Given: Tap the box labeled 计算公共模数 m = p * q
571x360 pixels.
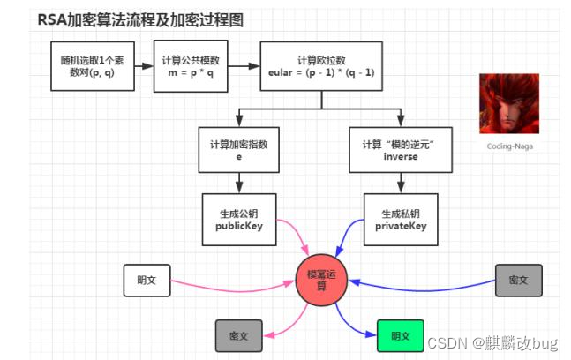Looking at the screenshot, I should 191,66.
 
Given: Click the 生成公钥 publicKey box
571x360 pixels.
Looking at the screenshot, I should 239,219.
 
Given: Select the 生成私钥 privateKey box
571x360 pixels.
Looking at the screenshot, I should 402,219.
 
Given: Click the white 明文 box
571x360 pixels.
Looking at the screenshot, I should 146,280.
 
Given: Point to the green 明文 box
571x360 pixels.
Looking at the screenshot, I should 400,335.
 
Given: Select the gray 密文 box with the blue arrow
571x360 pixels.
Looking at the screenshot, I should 518,280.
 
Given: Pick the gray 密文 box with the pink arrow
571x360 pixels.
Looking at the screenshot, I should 239,336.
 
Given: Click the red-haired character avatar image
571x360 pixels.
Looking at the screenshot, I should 508,102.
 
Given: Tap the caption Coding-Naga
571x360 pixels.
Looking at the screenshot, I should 508,147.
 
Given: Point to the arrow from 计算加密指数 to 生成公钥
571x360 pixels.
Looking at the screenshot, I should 239,183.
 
